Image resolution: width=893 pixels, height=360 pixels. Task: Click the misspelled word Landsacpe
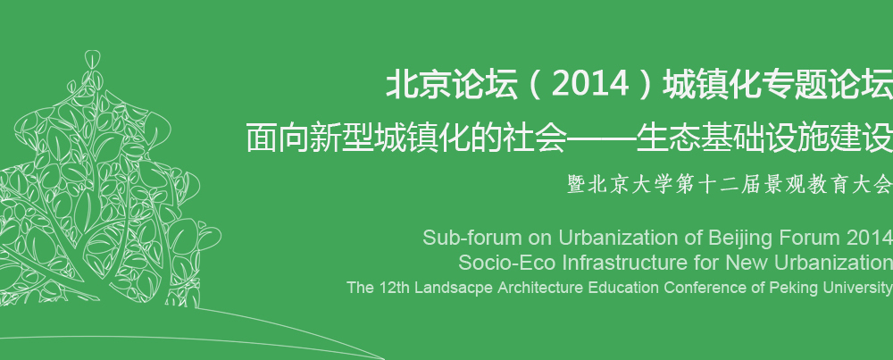[453, 288]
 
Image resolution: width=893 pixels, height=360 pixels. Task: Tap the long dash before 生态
[601, 138]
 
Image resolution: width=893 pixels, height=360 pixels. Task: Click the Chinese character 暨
[577, 185]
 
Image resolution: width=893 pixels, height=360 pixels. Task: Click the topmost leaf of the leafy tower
[92, 59]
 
